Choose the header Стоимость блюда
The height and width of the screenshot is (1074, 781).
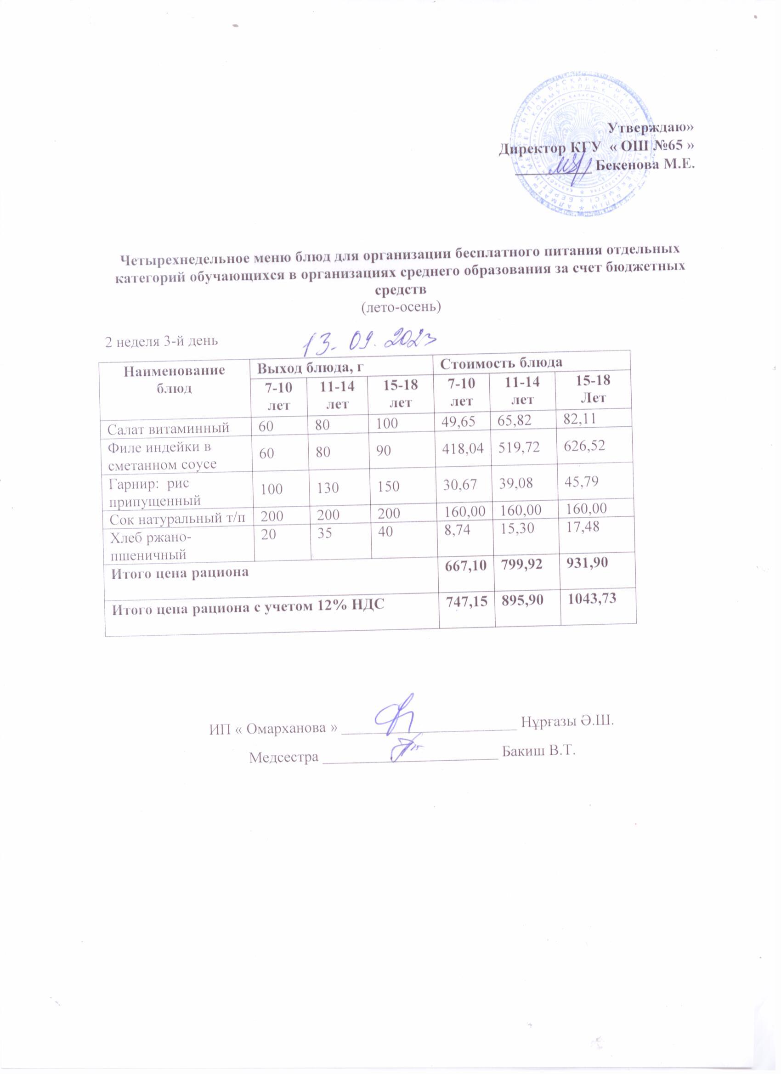(502, 363)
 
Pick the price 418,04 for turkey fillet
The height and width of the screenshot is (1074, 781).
(463, 448)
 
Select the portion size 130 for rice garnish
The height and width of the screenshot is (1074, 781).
(325, 487)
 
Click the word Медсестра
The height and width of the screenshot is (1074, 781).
(283, 757)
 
